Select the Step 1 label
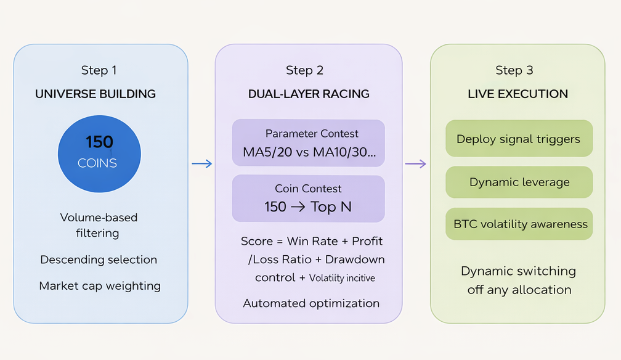click(99, 70)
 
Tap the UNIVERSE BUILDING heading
click(95, 94)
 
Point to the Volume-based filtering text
click(99, 225)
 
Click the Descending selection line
click(99, 260)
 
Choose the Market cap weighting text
click(100, 286)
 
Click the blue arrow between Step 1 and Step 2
click(201, 163)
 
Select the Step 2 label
click(304, 70)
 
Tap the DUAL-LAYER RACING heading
click(309, 94)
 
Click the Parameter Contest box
click(308, 143)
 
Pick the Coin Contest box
click(308, 198)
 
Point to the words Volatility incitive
click(342, 279)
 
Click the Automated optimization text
click(311, 303)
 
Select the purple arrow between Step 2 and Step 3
click(416, 163)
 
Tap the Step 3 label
click(514, 70)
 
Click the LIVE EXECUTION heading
click(517, 94)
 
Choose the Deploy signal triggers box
click(518, 139)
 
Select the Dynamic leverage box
click(519, 182)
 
